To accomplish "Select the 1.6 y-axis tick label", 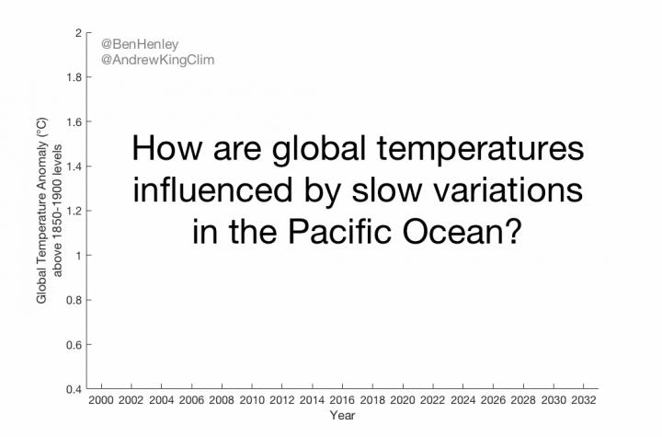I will click(73, 121).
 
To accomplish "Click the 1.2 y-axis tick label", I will click(73, 211).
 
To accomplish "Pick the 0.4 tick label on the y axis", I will click(73, 389).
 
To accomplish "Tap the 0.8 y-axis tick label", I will click(73, 300).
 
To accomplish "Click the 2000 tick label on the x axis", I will click(101, 402).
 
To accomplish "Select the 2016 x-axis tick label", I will click(342, 402).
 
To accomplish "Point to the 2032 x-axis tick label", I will click(584, 402).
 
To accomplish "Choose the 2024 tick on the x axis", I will click(463, 402).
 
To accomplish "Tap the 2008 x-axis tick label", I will click(222, 402).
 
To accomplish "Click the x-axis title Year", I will click(341, 416).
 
